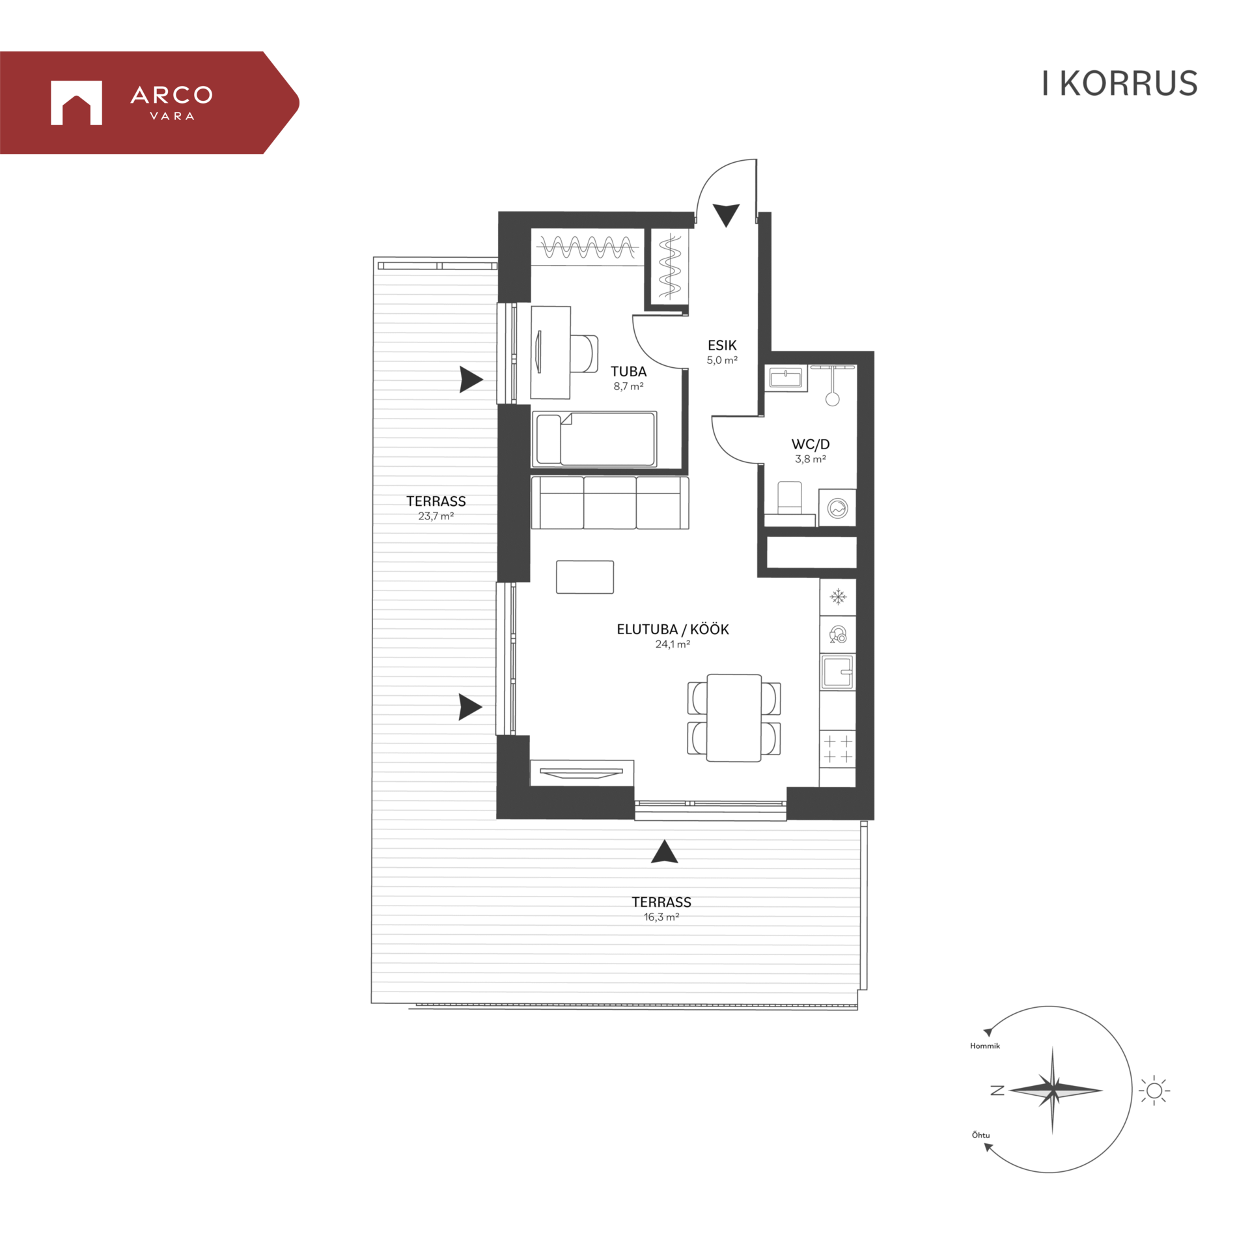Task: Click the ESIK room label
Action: pyautogui.click(x=722, y=345)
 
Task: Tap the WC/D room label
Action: pyautogui.click(x=810, y=444)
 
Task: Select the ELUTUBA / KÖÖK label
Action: pyautogui.click(x=673, y=629)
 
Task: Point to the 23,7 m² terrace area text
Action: pyautogui.click(x=436, y=516)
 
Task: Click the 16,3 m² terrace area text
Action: pyautogui.click(x=661, y=917)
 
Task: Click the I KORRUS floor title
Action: pyautogui.click(x=1119, y=83)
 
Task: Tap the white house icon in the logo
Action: pyautogui.click(x=76, y=102)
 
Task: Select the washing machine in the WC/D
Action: pyautogui.click(x=837, y=507)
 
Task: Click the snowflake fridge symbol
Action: pyautogui.click(x=838, y=596)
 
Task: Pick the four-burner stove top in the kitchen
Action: pyautogui.click(x=837, y=749)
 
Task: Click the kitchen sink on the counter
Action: pyautogui.click(x=837, y=671)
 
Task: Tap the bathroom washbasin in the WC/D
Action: pyautogui.click(x=786, y=378)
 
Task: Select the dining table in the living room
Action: pyautogui.click(x=734, y=717)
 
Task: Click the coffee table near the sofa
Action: pyautogui.click(x=585, y=577)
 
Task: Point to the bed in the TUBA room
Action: pyautogui.click(x=594, y=439)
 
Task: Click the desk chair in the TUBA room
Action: pyautogui.click(x=584, y=354)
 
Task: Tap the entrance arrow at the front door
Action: pyautogui.click(x=726, y=215)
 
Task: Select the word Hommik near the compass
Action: pyautogui.click(x=984, y=1046)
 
